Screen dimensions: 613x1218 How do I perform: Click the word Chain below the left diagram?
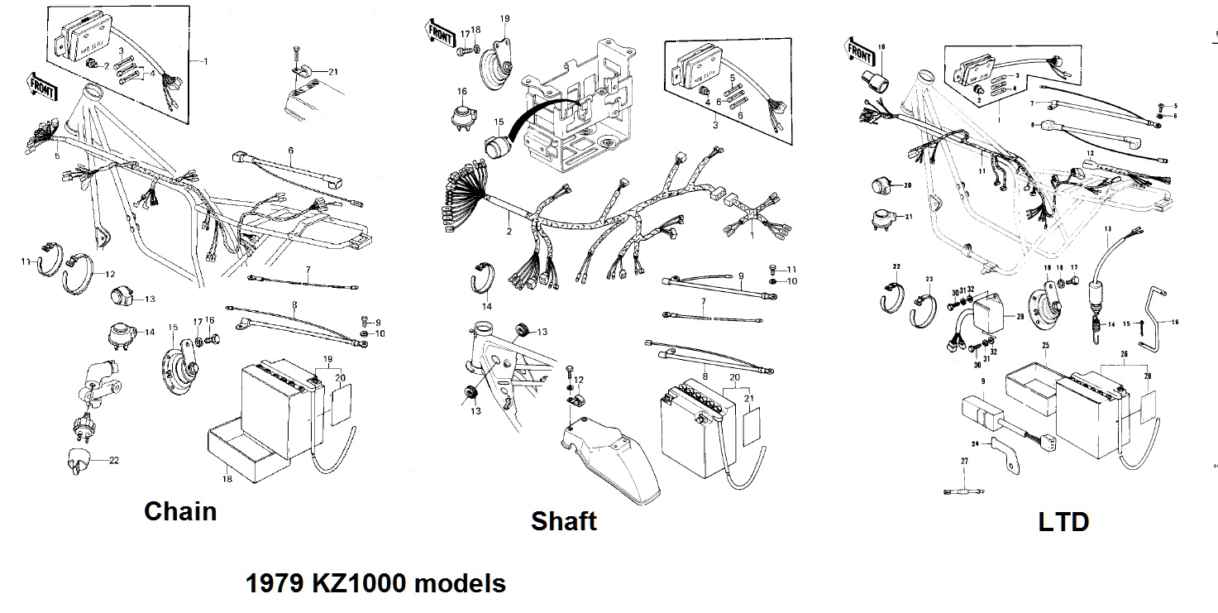(180, 511)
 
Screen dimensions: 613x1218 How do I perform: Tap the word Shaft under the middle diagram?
(563, 521)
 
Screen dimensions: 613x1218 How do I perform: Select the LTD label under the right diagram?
(1063, 522)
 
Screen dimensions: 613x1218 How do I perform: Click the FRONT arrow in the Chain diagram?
(43, 83)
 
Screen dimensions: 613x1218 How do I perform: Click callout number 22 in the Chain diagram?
(114, 460)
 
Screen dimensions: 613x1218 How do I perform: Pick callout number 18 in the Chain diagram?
(227, 479)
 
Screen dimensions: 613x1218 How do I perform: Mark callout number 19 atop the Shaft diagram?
(504, 17)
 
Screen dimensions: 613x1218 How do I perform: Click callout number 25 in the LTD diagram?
(1045, 345)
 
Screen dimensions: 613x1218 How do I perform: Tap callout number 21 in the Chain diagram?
(332, 72)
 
